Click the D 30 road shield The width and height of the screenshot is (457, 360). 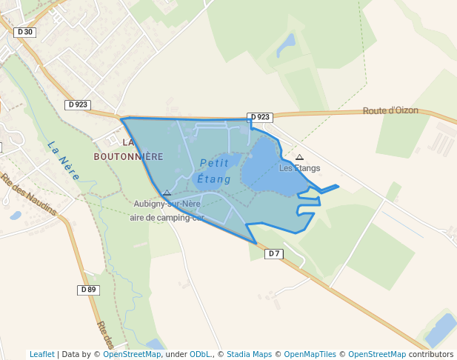(24, 32)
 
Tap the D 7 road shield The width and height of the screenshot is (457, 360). (274, 253)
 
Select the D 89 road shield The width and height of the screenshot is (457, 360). (88, 290)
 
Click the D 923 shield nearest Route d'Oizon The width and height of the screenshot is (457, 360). (260, 117)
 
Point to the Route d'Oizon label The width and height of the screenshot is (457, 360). (390, 111)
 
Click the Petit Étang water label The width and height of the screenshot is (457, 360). (215, 171)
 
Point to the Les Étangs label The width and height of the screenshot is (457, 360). (299, 168)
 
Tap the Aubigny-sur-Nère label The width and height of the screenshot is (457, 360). (167, 204)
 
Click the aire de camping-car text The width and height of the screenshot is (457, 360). (166, 217)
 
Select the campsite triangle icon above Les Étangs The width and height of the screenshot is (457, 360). (299, 157)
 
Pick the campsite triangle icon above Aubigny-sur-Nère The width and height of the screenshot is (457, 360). (167, 193)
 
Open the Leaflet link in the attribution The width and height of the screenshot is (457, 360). (41, 354)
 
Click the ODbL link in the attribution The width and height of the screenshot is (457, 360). (200, 354)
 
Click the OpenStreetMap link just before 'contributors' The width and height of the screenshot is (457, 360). (377, 354)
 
